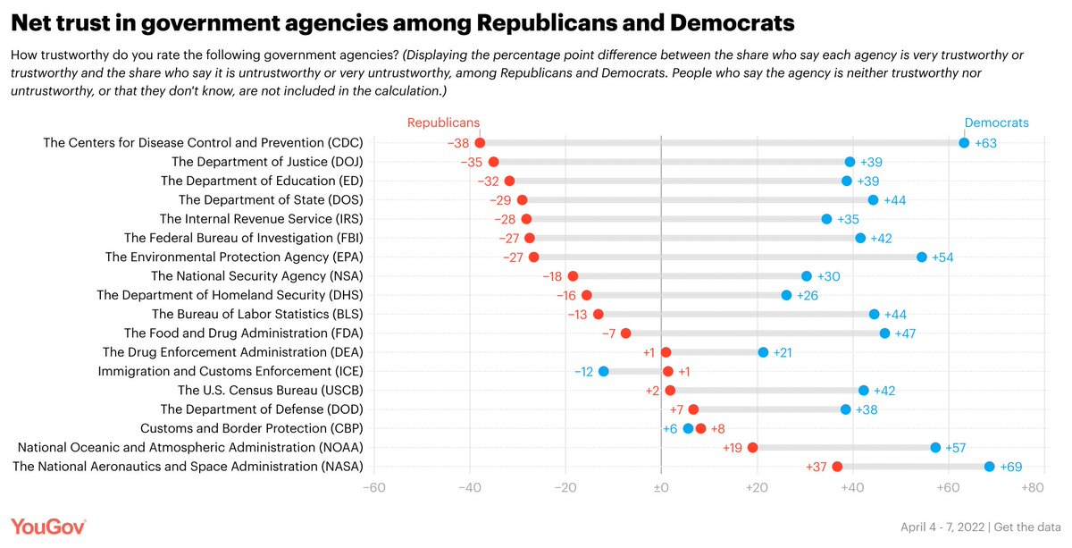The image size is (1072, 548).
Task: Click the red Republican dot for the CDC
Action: pos(480,143)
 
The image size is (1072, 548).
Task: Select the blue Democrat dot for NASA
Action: pos(989,467)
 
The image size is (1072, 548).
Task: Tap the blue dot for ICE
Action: pos(604,371)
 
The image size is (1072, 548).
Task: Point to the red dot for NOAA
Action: pos(752,447)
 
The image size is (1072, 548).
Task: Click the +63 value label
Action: pos(985,143)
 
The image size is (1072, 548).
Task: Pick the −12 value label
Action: pos(583,371)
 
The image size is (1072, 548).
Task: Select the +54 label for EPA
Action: pos(943,257)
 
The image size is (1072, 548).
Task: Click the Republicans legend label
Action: pos(444,123)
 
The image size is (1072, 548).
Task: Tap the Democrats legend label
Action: pos(996,123)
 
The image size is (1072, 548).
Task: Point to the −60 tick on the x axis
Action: pos(373,488)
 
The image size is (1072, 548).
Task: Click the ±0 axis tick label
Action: pos(661,488)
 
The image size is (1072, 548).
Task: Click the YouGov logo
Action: pos(48,527)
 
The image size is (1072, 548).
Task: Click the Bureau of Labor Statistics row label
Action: pos(257,314)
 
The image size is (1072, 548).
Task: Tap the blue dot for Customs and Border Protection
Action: pos(688,428)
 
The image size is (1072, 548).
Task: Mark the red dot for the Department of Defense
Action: pos(693,409)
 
